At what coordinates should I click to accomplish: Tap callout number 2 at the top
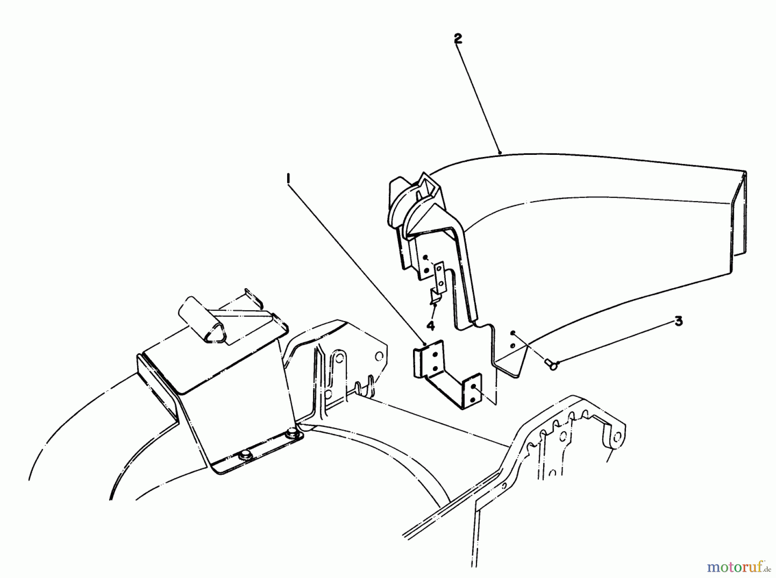coord(458,39)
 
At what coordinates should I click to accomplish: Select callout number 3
coord(679,321)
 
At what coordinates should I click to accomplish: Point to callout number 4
coord(431,325)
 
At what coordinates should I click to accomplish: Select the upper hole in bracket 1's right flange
coord(473,387)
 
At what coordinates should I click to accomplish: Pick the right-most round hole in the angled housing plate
coord(379,356)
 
